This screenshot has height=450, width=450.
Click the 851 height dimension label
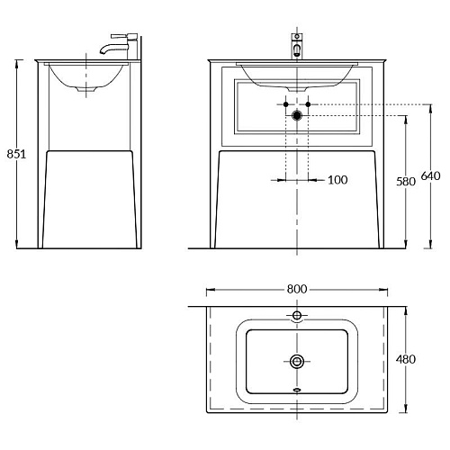point(16,154)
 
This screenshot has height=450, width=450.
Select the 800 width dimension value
point(297,289)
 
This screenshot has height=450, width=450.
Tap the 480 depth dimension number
point(406,359)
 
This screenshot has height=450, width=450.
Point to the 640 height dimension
point(430,175)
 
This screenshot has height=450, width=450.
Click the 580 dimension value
point(406,182)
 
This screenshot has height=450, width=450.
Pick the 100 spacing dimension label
point(337,180)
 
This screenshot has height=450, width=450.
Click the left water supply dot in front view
point(286,104)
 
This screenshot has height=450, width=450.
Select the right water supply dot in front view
point(308,104)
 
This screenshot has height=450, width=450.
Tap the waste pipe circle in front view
point(297,115)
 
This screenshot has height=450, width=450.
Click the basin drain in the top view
point(297,361)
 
